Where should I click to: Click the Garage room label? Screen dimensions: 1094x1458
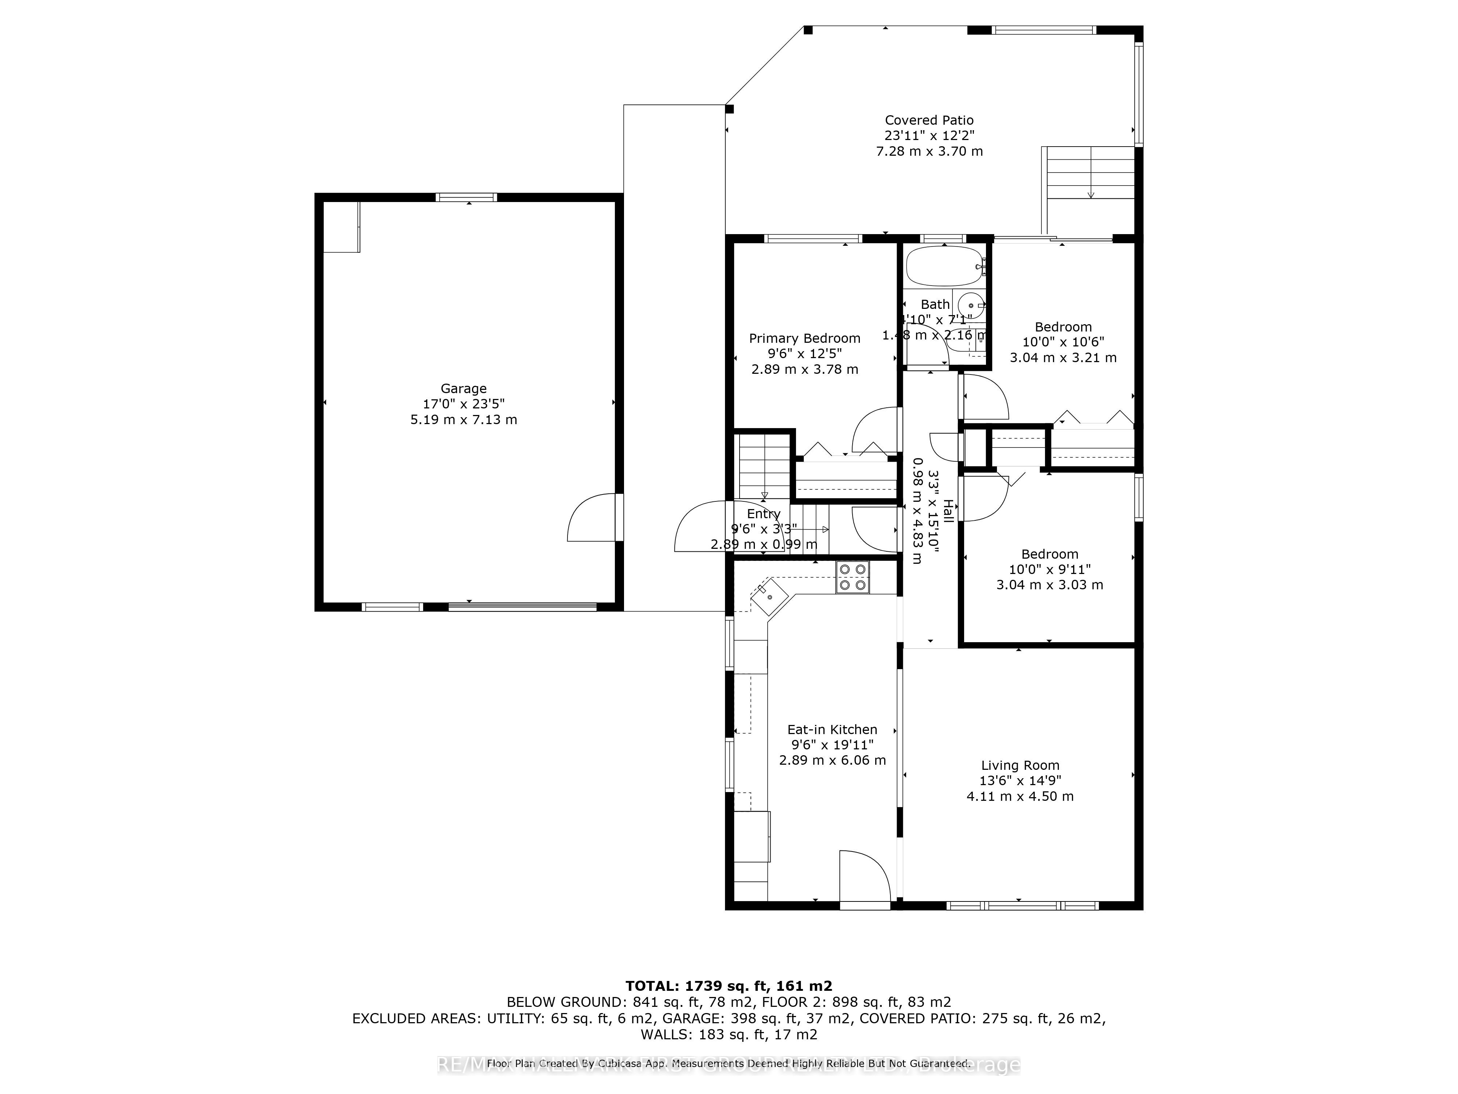coord(463,388)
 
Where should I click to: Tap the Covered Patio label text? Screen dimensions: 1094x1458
coord(929,120)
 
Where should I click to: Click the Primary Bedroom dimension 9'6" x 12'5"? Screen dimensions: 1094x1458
coord(804,353)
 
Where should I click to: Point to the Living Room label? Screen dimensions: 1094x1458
coord(1020,765)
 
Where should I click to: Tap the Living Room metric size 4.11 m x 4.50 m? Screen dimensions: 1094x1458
coord(1020,796)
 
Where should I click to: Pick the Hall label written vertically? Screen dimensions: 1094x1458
coord(948,511)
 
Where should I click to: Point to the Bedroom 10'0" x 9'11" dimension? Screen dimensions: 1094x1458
coord(1049,569)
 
